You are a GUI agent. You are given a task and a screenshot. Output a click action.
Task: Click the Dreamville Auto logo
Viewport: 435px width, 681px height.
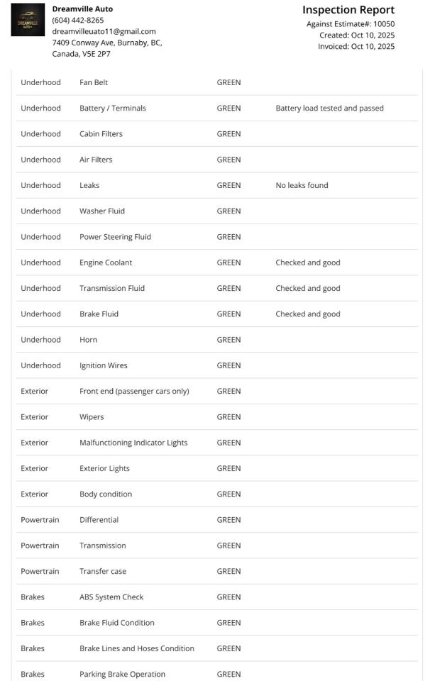28,20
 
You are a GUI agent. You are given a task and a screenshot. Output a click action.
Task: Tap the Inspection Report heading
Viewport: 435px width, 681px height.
348,10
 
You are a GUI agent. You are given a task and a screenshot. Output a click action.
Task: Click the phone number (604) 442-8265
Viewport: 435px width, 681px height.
78,20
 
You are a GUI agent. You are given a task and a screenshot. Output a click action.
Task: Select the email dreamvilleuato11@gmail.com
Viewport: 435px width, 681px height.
104,31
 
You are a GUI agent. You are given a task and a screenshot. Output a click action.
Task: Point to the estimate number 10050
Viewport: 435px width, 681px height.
383,23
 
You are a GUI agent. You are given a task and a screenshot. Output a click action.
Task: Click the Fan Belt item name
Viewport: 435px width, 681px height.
94,82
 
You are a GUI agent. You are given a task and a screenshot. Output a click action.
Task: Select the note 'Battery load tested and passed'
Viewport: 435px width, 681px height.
329,108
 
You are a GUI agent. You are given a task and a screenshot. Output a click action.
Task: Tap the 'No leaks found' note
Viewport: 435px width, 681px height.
302,185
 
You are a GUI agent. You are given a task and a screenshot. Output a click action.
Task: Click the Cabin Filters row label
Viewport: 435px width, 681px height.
101,133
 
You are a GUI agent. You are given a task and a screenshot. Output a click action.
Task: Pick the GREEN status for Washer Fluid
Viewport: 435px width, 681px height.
228,211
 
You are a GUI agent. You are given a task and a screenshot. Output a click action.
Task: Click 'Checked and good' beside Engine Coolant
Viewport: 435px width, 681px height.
307,262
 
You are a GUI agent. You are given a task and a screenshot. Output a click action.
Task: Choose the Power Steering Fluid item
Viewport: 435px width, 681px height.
115,237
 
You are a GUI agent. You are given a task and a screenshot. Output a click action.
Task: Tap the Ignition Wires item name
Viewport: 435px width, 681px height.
104,365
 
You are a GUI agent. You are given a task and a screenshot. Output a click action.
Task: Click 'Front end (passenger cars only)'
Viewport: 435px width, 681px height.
134,391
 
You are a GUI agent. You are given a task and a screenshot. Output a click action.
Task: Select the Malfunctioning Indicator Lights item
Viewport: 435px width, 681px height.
133,443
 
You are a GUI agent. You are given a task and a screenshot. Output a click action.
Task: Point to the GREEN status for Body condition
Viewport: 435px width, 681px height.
228,494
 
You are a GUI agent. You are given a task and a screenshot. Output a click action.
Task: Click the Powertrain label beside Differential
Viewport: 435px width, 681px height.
40,520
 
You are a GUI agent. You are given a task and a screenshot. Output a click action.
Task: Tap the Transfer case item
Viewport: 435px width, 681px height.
103,571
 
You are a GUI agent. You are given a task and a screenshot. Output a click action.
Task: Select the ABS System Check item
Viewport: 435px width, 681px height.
111,597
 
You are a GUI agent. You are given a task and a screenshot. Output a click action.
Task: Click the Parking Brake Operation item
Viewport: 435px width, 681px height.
122,674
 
